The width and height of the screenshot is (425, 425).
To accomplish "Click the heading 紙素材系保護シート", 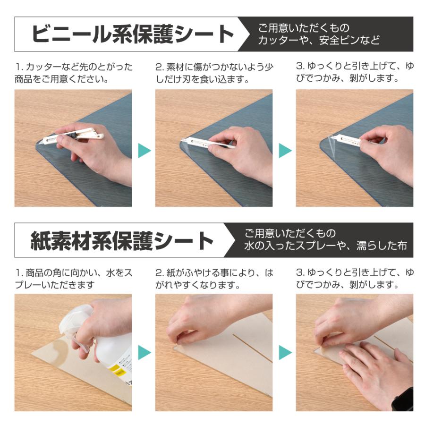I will click(122, 241).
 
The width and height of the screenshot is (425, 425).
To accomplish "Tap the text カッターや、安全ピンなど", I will click(319, 41).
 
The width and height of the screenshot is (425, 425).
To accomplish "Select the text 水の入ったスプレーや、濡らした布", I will click(325, 246).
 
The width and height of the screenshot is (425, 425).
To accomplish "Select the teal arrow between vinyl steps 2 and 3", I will click(284, 151).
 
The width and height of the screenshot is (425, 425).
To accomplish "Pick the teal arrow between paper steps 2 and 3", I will click(284, 352).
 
